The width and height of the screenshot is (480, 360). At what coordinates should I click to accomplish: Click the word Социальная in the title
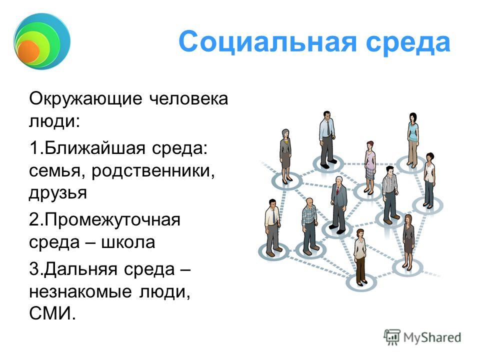(x=267, y=42)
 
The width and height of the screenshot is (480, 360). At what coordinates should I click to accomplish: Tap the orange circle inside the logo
(x=28, y=51)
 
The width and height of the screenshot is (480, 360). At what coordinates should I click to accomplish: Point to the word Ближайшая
(x=94, y=148)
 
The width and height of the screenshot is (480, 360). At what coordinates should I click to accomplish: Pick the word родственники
(x=153, y=171)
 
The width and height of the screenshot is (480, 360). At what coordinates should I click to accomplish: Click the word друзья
(x=58, y=193)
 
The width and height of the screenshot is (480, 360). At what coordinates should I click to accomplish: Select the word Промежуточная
(x=112, y=220)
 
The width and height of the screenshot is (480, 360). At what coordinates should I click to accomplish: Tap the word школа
(x=128, y=242)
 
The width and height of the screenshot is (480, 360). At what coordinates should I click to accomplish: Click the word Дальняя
(x=80, y=269)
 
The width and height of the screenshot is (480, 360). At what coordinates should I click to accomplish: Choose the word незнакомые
(x=80, y=292)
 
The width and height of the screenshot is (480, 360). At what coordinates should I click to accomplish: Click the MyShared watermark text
(x=432, y=337)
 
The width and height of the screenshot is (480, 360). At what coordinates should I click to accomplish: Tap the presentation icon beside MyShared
(x=392, y=337)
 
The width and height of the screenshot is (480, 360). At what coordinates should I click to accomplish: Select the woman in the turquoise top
(x=413, y=140)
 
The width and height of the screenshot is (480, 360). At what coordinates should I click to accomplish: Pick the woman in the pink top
(x=370, y=167)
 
